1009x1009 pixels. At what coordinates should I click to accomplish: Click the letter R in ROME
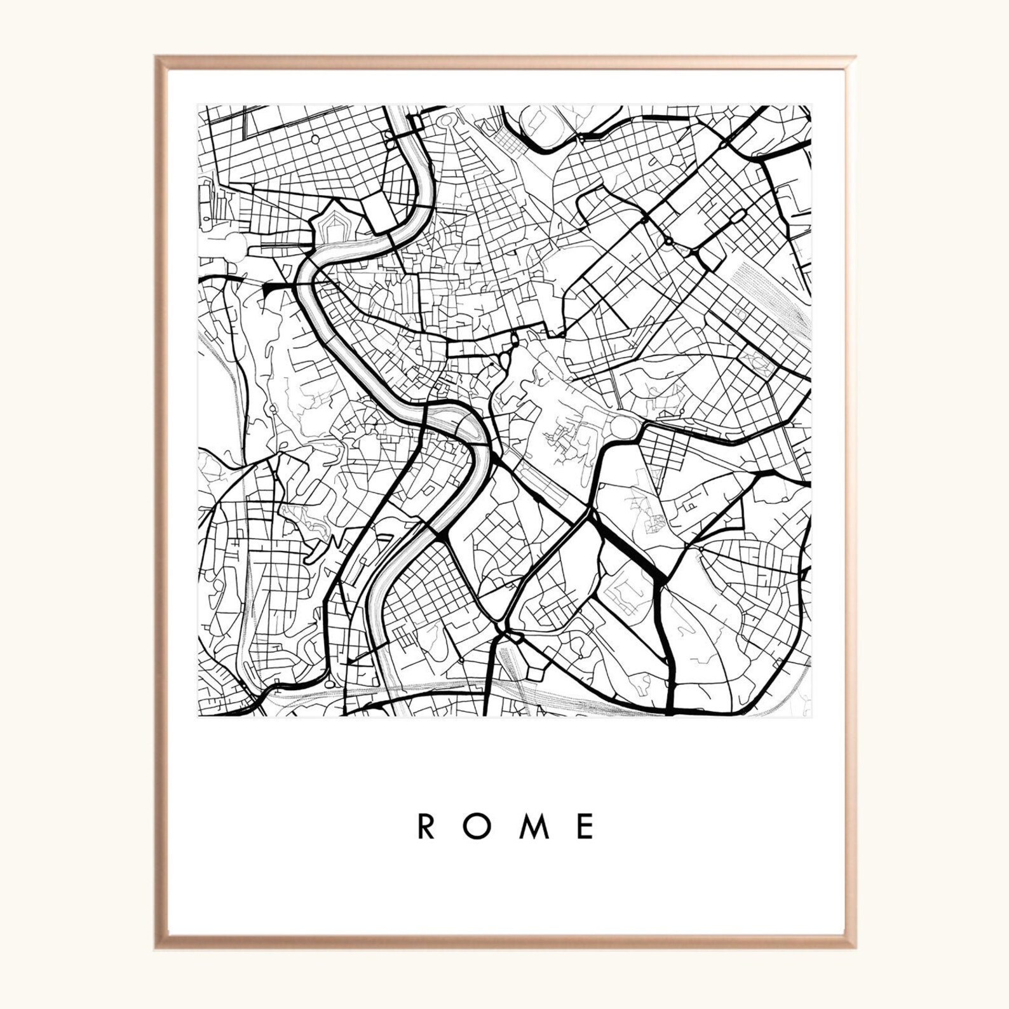tap(425, 826)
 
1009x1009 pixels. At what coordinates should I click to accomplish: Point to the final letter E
tap(586, 826)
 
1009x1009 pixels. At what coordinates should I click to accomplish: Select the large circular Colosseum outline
tap(629, 427)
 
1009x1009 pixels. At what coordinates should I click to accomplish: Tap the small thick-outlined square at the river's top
tap(417, 122)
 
